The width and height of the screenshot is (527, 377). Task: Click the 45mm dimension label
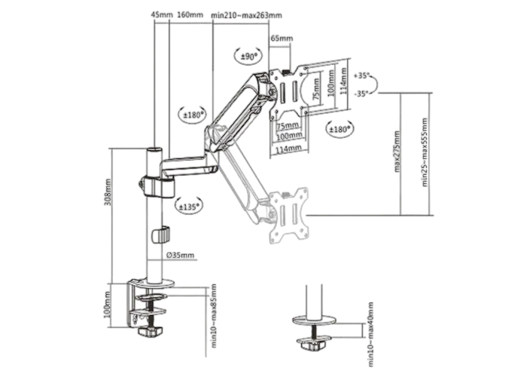tap(162, 15)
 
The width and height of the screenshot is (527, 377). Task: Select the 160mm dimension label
tap(190, 15)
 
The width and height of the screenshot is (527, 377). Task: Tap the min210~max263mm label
tap(247, 15)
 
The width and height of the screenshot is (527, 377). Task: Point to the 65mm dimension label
tap(282, 38)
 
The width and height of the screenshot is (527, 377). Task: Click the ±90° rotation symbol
tap(248, 57)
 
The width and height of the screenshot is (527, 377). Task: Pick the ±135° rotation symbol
tap(189, 207)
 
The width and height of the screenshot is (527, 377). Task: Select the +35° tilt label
tap(361, 75)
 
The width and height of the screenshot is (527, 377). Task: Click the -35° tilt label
tap(361, 94)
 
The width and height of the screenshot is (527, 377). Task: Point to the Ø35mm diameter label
tap(181, 255)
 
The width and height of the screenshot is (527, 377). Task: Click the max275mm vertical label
tap(397, 152)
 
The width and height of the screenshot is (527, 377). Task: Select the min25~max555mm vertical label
tap(425, 152)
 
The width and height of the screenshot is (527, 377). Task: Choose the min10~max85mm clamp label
tap(213, 316)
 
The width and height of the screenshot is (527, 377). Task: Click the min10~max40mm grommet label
tap(370, 334)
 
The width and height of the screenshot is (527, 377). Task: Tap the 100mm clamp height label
tap(108, 305)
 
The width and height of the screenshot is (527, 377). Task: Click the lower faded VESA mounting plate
tap(288, 216)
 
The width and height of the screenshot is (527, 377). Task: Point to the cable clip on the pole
tap(161, 235)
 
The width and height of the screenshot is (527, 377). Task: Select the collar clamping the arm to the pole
tap(157, 187)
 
